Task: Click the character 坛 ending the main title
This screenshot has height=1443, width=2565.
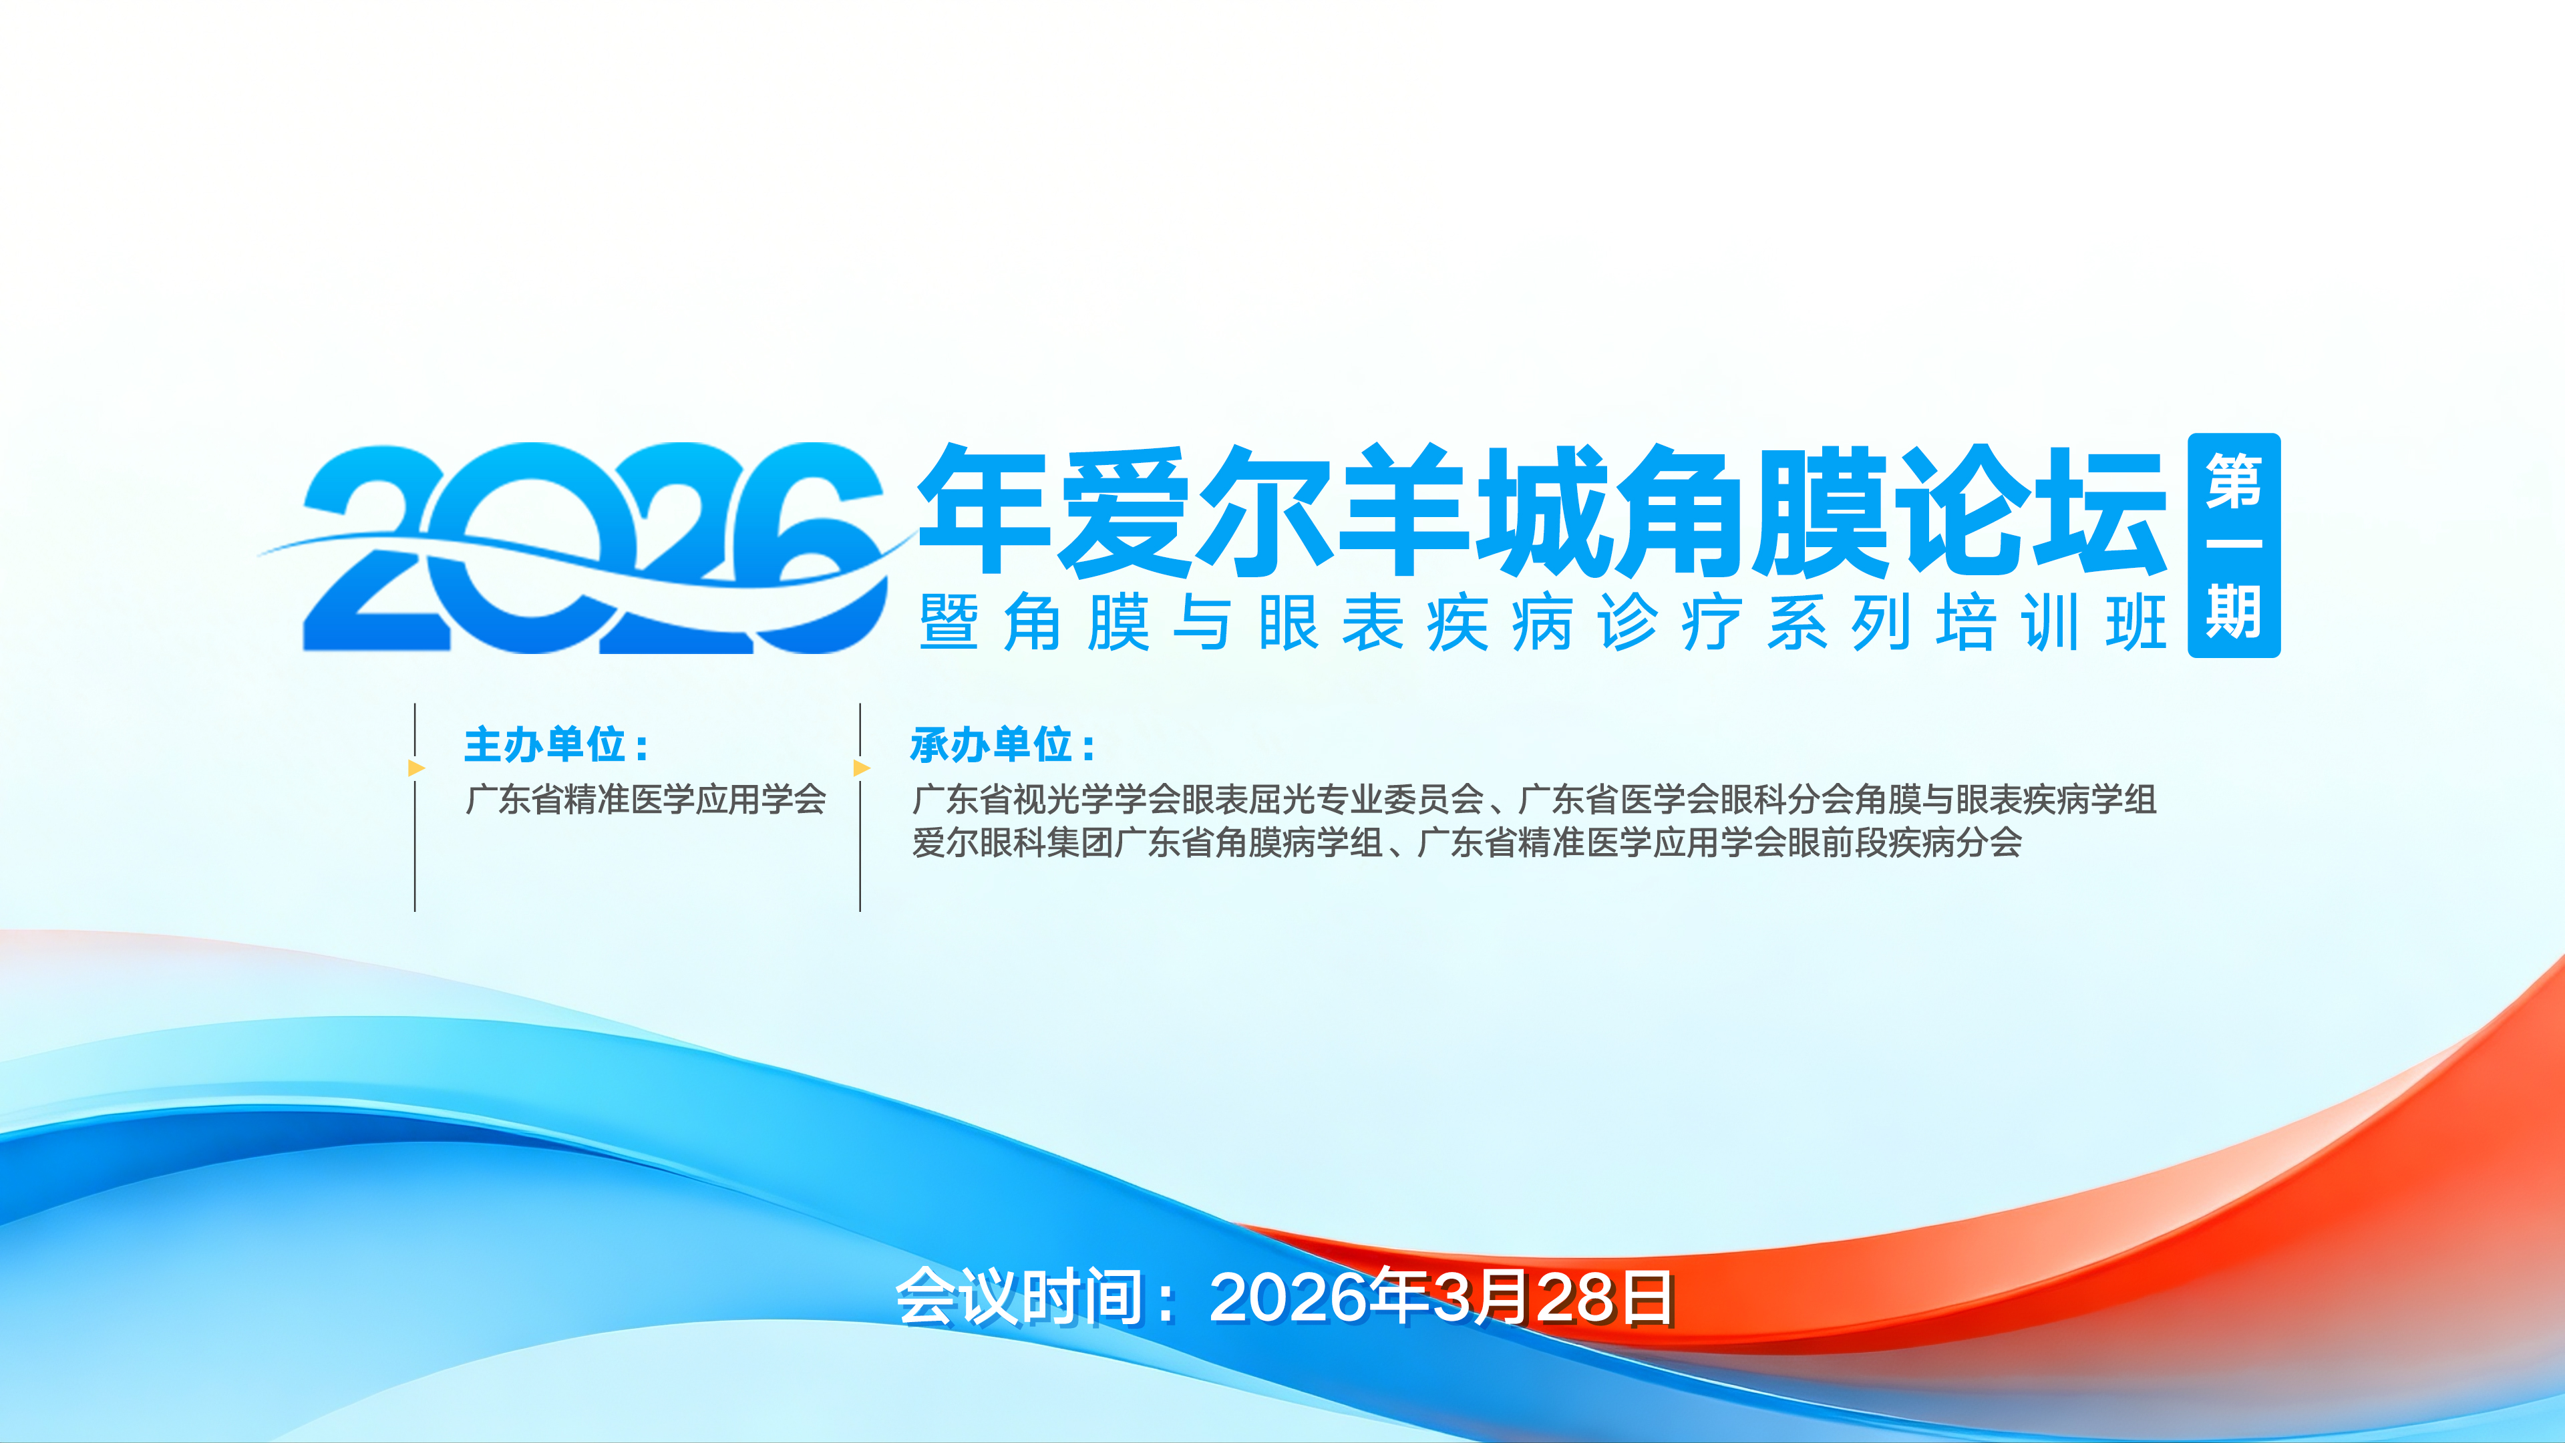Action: tap(2101, 510)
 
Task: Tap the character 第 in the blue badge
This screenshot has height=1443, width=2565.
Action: tap(2234, 481)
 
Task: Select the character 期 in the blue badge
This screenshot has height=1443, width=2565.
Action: tap(2234, 611)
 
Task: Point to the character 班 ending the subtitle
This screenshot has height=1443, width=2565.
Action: tap(2137, 623)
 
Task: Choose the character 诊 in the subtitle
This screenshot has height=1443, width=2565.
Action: tap(1627, 623)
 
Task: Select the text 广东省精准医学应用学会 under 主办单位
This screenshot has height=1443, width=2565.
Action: tap(645, 799)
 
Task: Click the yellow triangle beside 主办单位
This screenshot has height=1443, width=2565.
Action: tap(416, 768)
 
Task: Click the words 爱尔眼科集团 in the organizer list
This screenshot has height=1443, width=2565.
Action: tap(1013, 842)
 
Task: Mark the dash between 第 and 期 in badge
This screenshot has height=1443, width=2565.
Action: tap(2234, 544)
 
